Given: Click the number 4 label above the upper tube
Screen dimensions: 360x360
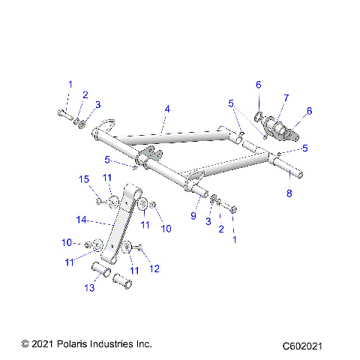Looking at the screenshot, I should [x=167, y=109].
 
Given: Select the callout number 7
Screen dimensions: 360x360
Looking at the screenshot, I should [x=286, y=99].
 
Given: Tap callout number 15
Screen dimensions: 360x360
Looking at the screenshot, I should [x=84, y=178].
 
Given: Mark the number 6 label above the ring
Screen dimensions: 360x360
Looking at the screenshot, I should [x=259, y=84].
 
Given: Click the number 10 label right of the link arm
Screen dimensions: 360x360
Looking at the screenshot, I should [x=166, y=228].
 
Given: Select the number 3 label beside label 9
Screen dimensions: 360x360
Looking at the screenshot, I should [x=209, y=223].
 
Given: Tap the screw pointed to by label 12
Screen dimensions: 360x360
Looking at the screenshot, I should [x=139, y=249].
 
